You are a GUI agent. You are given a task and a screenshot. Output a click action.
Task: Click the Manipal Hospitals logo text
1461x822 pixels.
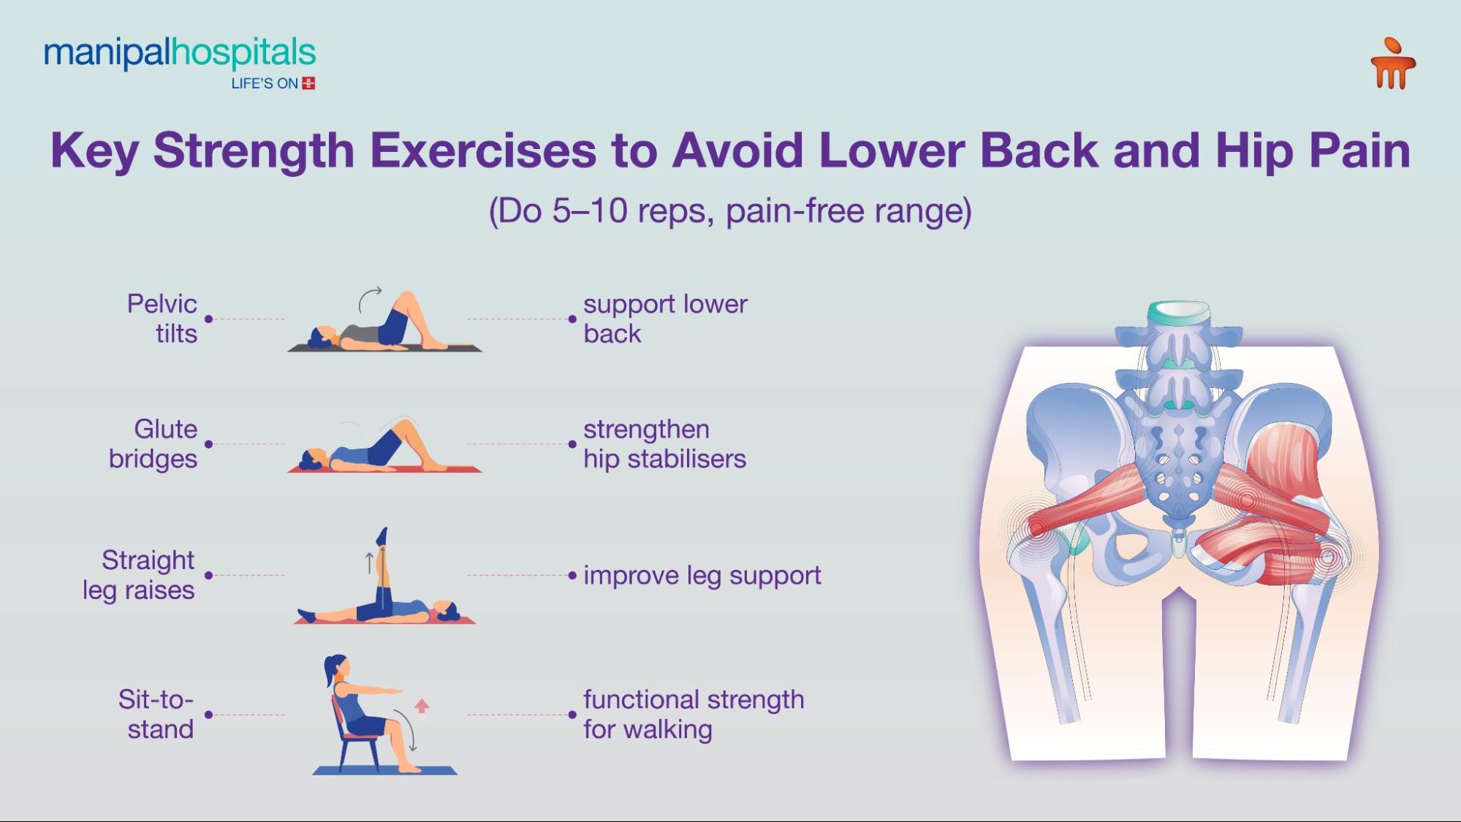[x=180, y=54]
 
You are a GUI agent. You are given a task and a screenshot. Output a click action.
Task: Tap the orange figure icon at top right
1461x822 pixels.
[x=1393, y=64]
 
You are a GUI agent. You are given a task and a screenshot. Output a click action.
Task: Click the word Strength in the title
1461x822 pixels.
[x=254, y=151]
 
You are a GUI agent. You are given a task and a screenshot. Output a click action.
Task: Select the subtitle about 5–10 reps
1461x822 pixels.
[x=730, y=211]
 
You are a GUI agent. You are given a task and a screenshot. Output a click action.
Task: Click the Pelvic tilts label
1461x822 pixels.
[x=162, y=319]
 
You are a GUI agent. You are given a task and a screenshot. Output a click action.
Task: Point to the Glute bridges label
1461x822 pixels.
[x=153, y=444]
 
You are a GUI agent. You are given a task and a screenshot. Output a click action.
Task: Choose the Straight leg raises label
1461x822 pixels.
[x=139, y=575]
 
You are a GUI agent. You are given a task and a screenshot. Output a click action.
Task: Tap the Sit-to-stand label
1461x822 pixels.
[x=156, y=714]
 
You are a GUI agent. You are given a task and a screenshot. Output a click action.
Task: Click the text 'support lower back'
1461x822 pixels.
[x=665, y=319]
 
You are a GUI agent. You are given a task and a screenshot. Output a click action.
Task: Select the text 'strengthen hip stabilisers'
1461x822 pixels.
[x=664, y=444]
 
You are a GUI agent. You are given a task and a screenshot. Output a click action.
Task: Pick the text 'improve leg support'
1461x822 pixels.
[x=702, y=576]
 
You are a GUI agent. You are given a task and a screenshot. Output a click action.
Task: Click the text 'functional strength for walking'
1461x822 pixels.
[x=694, y=714]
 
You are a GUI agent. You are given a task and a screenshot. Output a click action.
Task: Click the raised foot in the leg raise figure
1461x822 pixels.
[x=382, y=536]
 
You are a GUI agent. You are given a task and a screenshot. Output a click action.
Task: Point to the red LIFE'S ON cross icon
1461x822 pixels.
[x=309, y=83]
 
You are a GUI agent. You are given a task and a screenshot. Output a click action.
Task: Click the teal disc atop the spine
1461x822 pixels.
[x=1177, y=313]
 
